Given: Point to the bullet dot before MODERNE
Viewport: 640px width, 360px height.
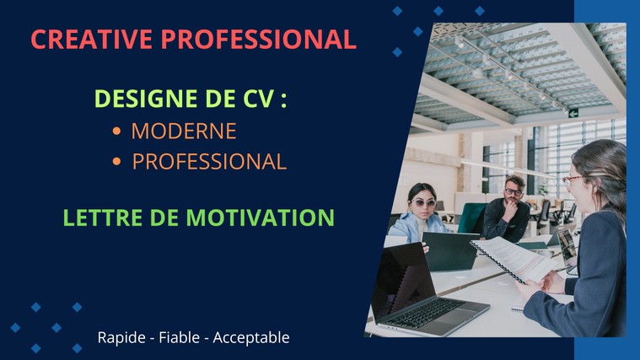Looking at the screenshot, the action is pyautogui.click(x=116, y=131).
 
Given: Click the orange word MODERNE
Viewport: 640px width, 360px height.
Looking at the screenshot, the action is pyautogui.click(x=184, y=131).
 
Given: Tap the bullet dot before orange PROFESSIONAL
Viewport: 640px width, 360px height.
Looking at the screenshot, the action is pyautogui.click(x=116, y=162).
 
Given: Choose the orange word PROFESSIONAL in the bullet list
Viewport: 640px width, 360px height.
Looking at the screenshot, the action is pyautogui.click(x=209, y=162).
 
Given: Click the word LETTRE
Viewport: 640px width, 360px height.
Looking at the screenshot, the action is pyautogui.click(x=102, y=218).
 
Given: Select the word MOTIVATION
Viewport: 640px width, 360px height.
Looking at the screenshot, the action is pyautogui.click(x=261, y=218).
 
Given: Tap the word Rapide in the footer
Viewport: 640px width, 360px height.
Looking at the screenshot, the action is pyautogui.click(x=121, y=338).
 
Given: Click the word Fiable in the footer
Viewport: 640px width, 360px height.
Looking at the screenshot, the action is pyautogui.click(x=180, y=337).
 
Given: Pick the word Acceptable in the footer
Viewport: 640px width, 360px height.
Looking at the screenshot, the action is pyautogui.click(x=251, y=338).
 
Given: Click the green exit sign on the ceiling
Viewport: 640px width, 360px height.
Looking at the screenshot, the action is pyautogui.click(x=573, y=113).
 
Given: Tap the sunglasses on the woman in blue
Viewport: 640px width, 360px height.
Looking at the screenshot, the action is pyautogui.click(x=423, y=202).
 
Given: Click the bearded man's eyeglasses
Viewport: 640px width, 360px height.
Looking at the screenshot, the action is pyautogui.click(x=513, y=191).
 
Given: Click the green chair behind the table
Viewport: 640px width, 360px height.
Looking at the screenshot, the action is pyautogui.click(x=472, y=218).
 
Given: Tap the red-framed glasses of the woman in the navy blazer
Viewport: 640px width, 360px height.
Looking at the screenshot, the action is pyautogui.click(x=572, y=180).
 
